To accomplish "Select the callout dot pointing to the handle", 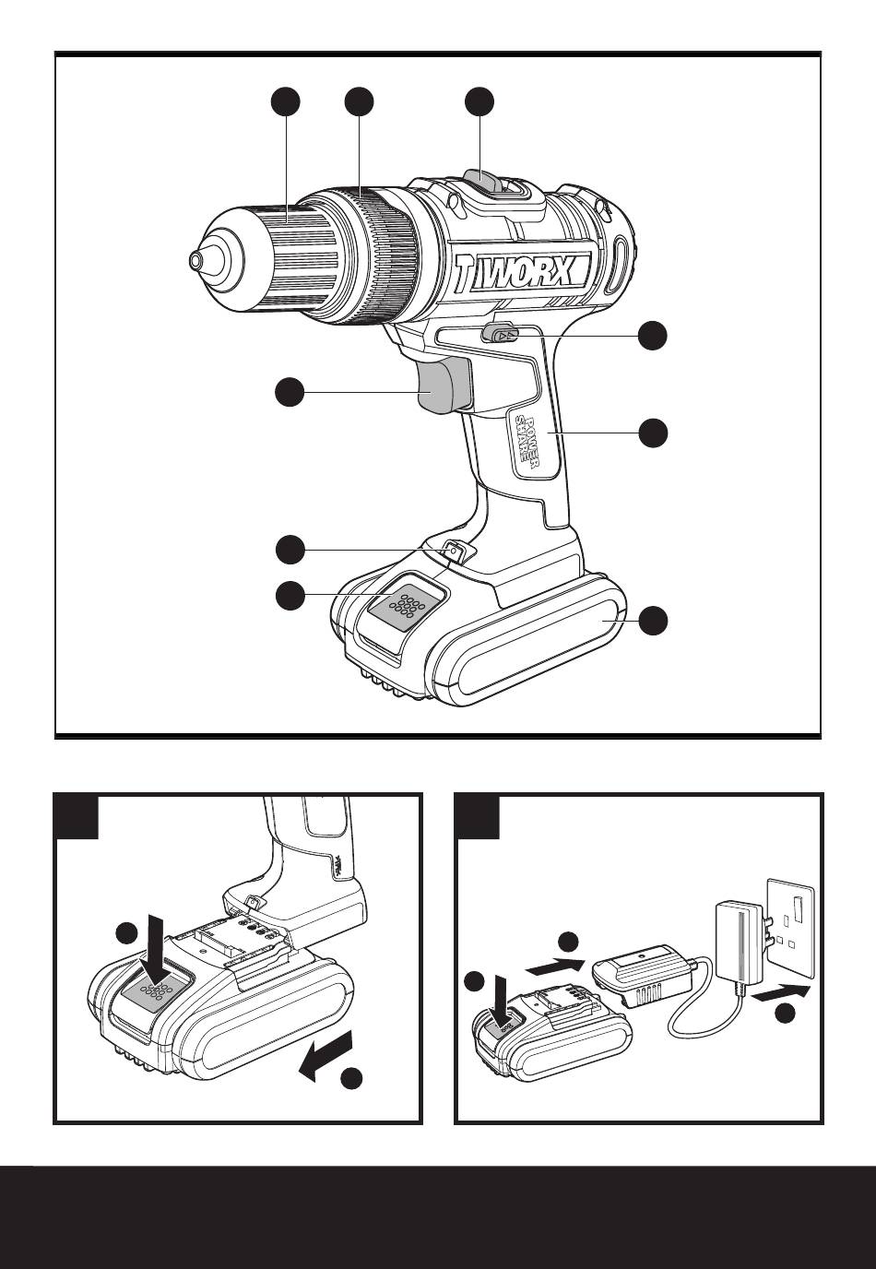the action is (x=653, y=432).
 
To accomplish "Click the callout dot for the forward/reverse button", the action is (x=653, y=336).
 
